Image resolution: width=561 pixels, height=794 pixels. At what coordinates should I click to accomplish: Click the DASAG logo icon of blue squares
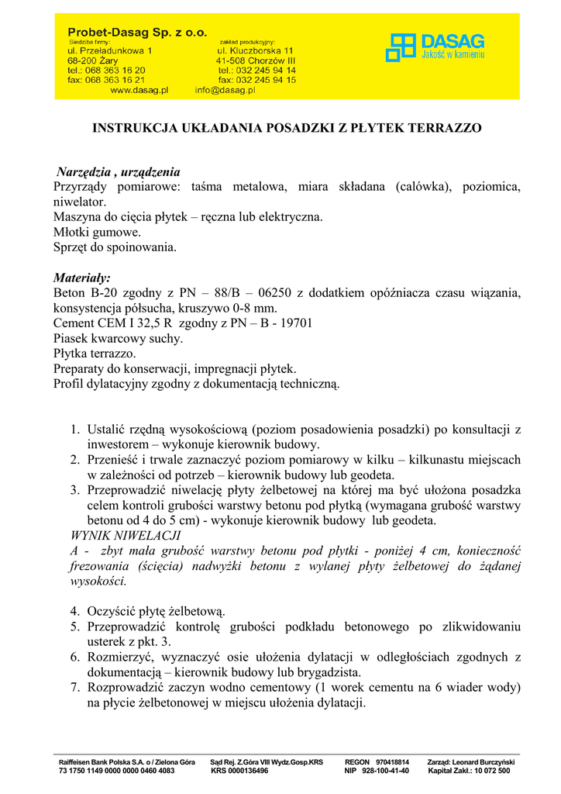[401, 47]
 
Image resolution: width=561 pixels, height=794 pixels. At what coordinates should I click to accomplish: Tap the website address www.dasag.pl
[139, 90]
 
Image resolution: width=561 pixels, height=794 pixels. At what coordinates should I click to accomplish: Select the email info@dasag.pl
[225, 90]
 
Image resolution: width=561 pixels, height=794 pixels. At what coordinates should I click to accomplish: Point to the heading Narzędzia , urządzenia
[119, 171]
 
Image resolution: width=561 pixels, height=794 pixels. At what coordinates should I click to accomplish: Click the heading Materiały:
[82, 278]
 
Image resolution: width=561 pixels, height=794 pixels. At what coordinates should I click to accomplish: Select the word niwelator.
[80, 202]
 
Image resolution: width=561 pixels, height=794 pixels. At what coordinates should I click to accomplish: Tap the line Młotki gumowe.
[97, 232]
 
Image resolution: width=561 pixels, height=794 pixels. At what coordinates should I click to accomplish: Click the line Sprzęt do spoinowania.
[115, 247]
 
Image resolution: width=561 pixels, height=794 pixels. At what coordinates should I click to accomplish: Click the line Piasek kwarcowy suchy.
[119, 338]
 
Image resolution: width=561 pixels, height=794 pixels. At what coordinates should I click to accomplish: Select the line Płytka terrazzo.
[95, 354]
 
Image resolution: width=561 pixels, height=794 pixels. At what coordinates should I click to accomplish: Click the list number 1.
[75, 429]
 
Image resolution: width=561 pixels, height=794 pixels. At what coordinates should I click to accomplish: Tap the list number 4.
[75, 611]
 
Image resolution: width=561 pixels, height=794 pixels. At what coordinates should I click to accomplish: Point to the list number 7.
[75, 687]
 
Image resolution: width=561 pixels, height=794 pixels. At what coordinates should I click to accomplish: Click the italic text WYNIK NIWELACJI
[125, 535]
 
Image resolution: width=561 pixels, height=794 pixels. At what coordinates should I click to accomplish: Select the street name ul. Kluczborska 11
[255, 50]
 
